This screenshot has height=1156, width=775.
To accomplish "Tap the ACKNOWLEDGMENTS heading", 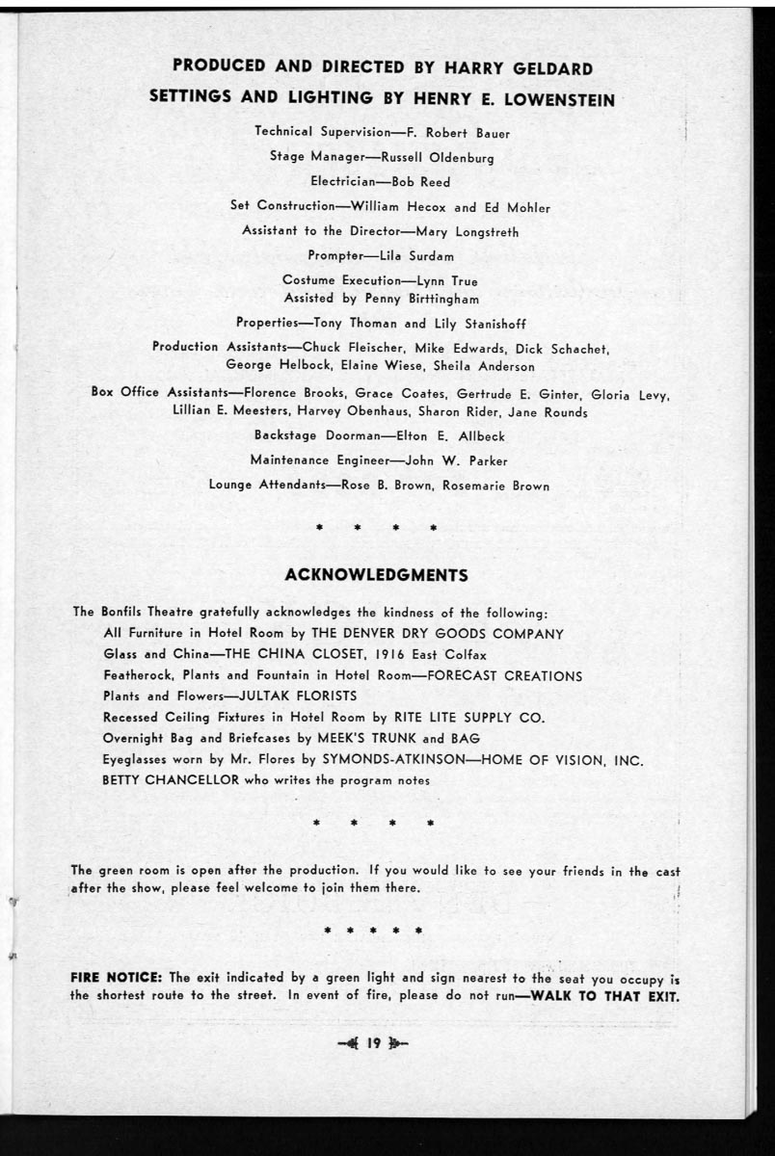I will (377, 575).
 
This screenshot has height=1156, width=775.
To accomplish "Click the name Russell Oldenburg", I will (438, 157).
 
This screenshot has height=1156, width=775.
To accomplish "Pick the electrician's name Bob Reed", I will (421, 182).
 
